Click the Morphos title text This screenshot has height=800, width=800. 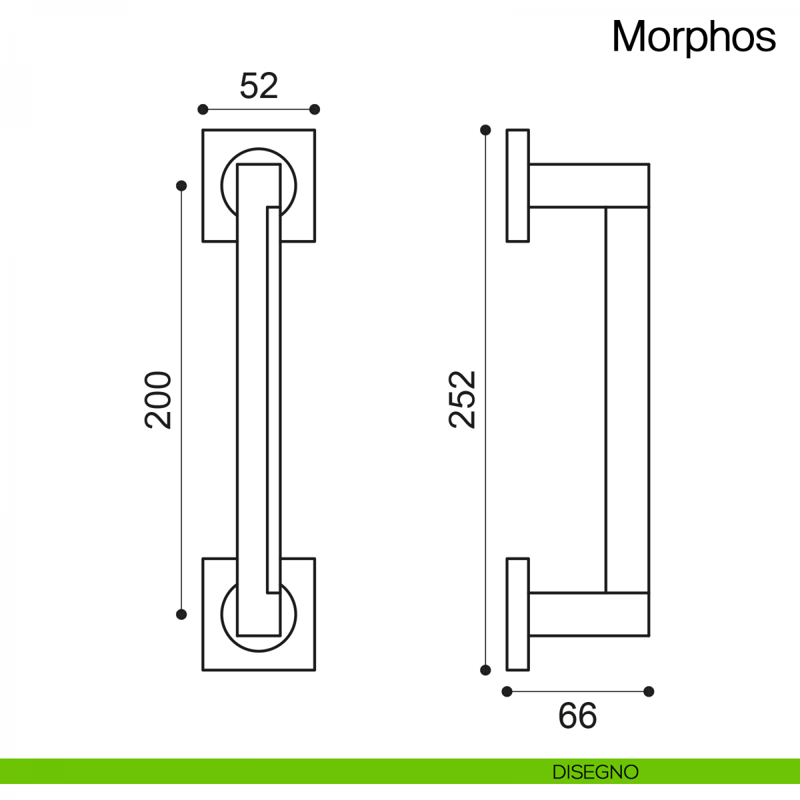[693, 37]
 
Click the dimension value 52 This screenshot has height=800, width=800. [259, 86]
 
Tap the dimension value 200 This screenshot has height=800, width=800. [159, 399]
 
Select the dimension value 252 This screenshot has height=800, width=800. [463, 399]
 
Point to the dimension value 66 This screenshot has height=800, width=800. [577, 716]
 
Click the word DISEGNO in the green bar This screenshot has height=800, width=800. [595, 772]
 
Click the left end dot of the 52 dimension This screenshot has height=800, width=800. [203, 109]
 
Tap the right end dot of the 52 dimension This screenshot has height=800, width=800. [315, 109]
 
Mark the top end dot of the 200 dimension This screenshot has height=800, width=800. [181, 185]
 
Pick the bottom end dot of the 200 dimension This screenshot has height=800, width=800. [181, 614]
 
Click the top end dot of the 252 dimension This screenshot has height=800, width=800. [485, 130]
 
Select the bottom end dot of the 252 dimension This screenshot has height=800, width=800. [485, 670]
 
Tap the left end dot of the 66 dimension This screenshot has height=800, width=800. [507, 691]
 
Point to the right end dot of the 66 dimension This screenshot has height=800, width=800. [649, 691]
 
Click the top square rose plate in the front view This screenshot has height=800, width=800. [213, 227]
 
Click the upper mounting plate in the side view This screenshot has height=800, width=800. [518, 185]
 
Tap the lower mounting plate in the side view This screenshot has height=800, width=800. [518, 614]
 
